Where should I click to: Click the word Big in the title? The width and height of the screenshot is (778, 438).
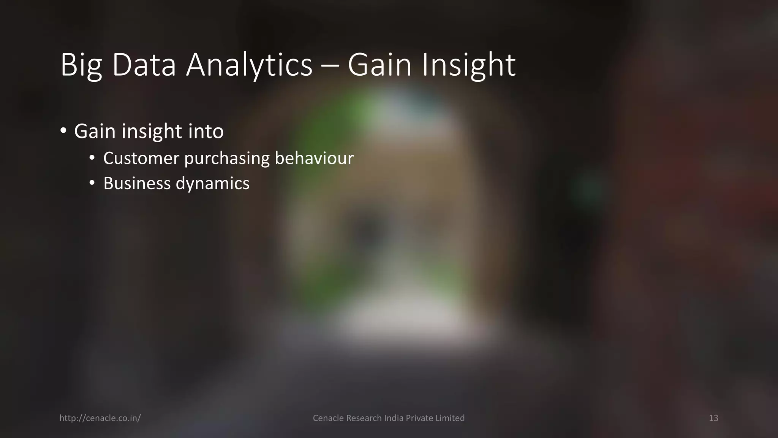pyautogui.click(x=81, y=65)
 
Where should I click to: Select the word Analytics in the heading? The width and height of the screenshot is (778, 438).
pyautogui.click(x=249, y=65)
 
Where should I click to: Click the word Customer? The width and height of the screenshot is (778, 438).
pyautogui.click(x=141, y=158)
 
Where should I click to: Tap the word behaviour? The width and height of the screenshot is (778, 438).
pyautogui.click(x=314, y=158)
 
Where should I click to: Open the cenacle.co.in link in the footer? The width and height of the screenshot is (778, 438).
pyautogui.click(x=100, y=418)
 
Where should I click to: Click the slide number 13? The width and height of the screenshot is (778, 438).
pyautogui.click(x=713, y=418)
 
